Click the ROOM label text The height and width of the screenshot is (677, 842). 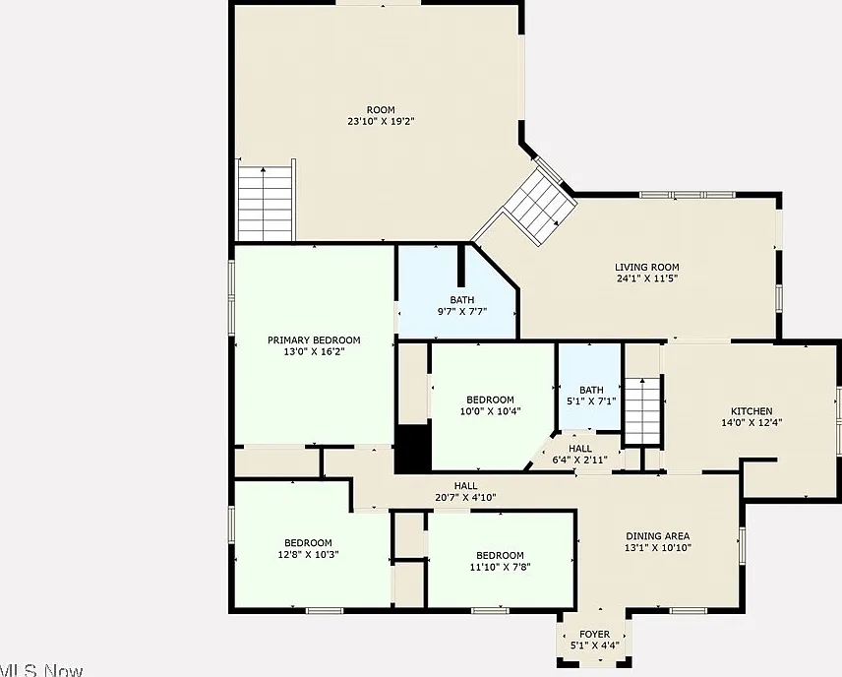click(x=381, y=110)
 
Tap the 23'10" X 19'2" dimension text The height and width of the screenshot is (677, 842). click(x=381, y=121)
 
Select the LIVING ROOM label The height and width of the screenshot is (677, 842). click(x=646, y=267)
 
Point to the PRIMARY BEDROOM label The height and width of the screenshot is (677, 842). click(x=314, y=340)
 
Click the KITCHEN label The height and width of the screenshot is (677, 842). click(x=752, y=411)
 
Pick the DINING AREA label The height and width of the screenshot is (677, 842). click(x=657, y=536)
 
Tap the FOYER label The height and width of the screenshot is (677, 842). click(x=594, y=635)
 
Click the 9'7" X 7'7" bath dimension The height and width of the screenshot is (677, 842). click(x=461, y=311)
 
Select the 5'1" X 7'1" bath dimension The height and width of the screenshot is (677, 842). click(x=591, y=400)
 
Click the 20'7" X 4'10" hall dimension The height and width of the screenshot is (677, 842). click(x=465, y=498)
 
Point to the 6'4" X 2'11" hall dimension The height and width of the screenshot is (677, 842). click(x=580, y=460)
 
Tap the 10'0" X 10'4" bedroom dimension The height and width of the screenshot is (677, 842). click(x=490, y=411)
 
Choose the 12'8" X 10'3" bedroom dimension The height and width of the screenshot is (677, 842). click(x=308, y=555)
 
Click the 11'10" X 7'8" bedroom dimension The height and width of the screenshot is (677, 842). click(x=500, y=567)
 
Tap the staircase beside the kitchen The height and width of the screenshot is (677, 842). click(x=642, y=410)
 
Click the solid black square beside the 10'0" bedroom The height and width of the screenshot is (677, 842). click(x=413, y=449)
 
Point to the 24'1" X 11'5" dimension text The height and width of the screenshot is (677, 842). click(x=647, y=278)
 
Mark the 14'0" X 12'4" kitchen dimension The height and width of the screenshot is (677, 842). click(x=752, y=423)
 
